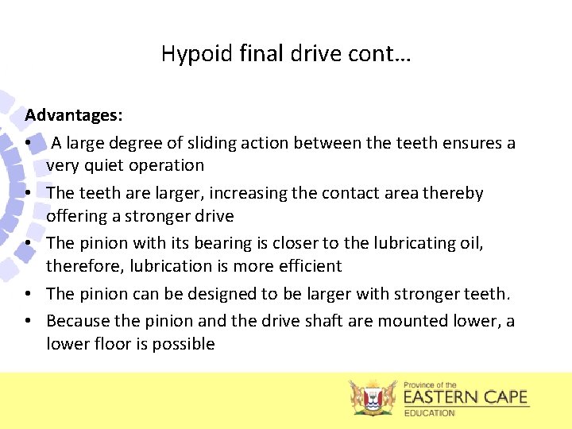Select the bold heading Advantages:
click(x=74, y=115)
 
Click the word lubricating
click(x=418, y=243)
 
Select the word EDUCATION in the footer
click(x=430, y=412)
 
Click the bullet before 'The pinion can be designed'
click(x=28, y=294)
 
